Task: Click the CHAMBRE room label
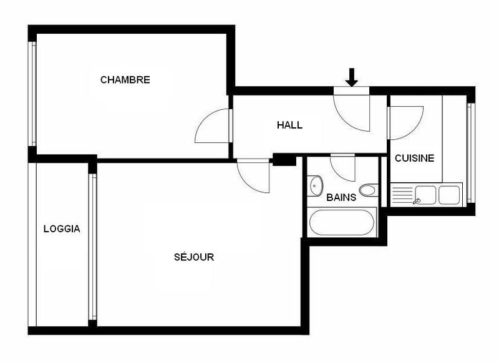pyautogui.click(x=125, y=80)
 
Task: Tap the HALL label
pyautogui.click(x=289, y=125)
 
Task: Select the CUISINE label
pyautogui.click(x=414, y=159)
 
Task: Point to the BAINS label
pyautogui.click(x=341, y=197)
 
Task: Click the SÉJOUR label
pyautogui.click(x=193, y=257)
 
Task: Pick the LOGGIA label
pyautogui.click(x=62, y=228)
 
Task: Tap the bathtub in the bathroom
pyautogui.click(x=340, y=222)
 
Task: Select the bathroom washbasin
pyautogui.click(x=316, y=185)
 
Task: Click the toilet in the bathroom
pyautogui.click(x=368, y=190)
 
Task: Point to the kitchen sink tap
pyautogui.click(x=417, y=200)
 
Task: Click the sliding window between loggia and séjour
pyautogui.click(x=93, y=247)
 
